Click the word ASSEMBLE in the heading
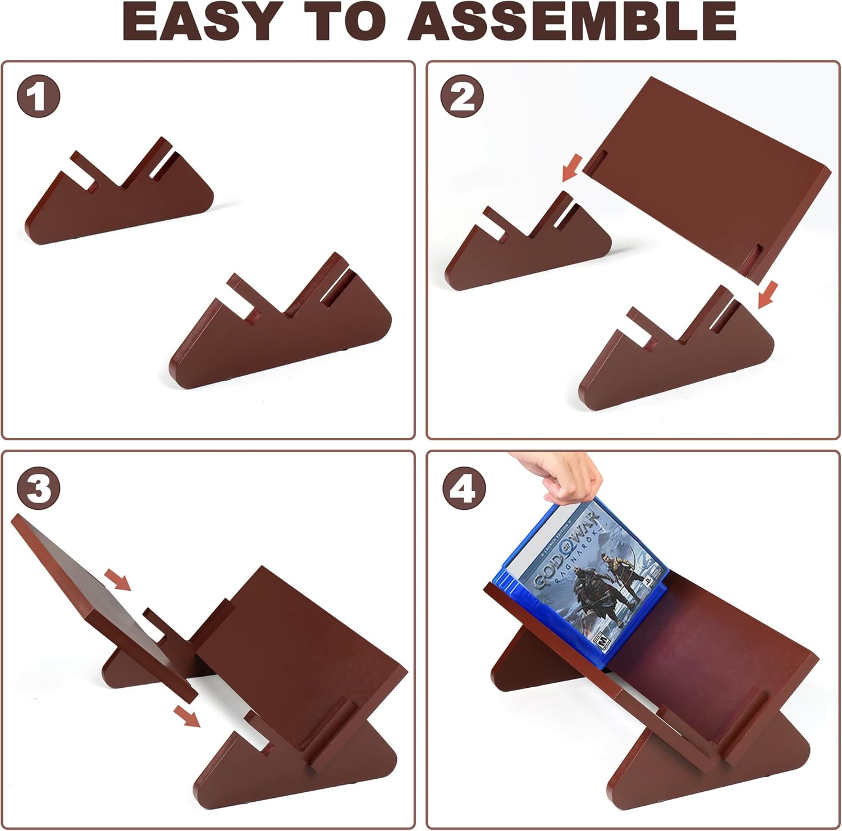click(572, 22)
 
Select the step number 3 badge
click(38, 488)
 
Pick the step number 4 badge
click(463, 488)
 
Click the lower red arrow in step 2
click(767, 295)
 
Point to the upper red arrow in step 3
click(117, 579)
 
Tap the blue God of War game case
click(581, 584)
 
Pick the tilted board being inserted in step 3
click(104, 606)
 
